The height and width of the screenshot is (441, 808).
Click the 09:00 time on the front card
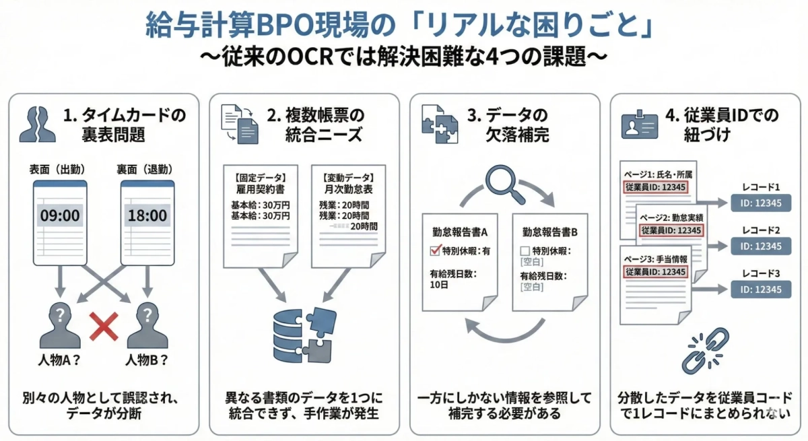(60, 215)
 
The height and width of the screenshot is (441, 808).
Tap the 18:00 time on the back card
(147, 215)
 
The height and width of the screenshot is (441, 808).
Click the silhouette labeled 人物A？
(59, 326)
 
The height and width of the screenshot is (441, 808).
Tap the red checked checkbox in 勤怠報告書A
(434, 251)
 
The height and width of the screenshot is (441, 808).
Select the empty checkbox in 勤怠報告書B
(525, 251)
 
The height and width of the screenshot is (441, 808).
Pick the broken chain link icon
(704, 350)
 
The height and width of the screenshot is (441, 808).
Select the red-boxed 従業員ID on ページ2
(671, 230)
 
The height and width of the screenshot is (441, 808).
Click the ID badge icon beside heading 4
(638, 125)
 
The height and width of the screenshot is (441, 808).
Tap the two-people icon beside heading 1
(38, 124)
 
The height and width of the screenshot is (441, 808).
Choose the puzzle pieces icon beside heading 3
(439, 125)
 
